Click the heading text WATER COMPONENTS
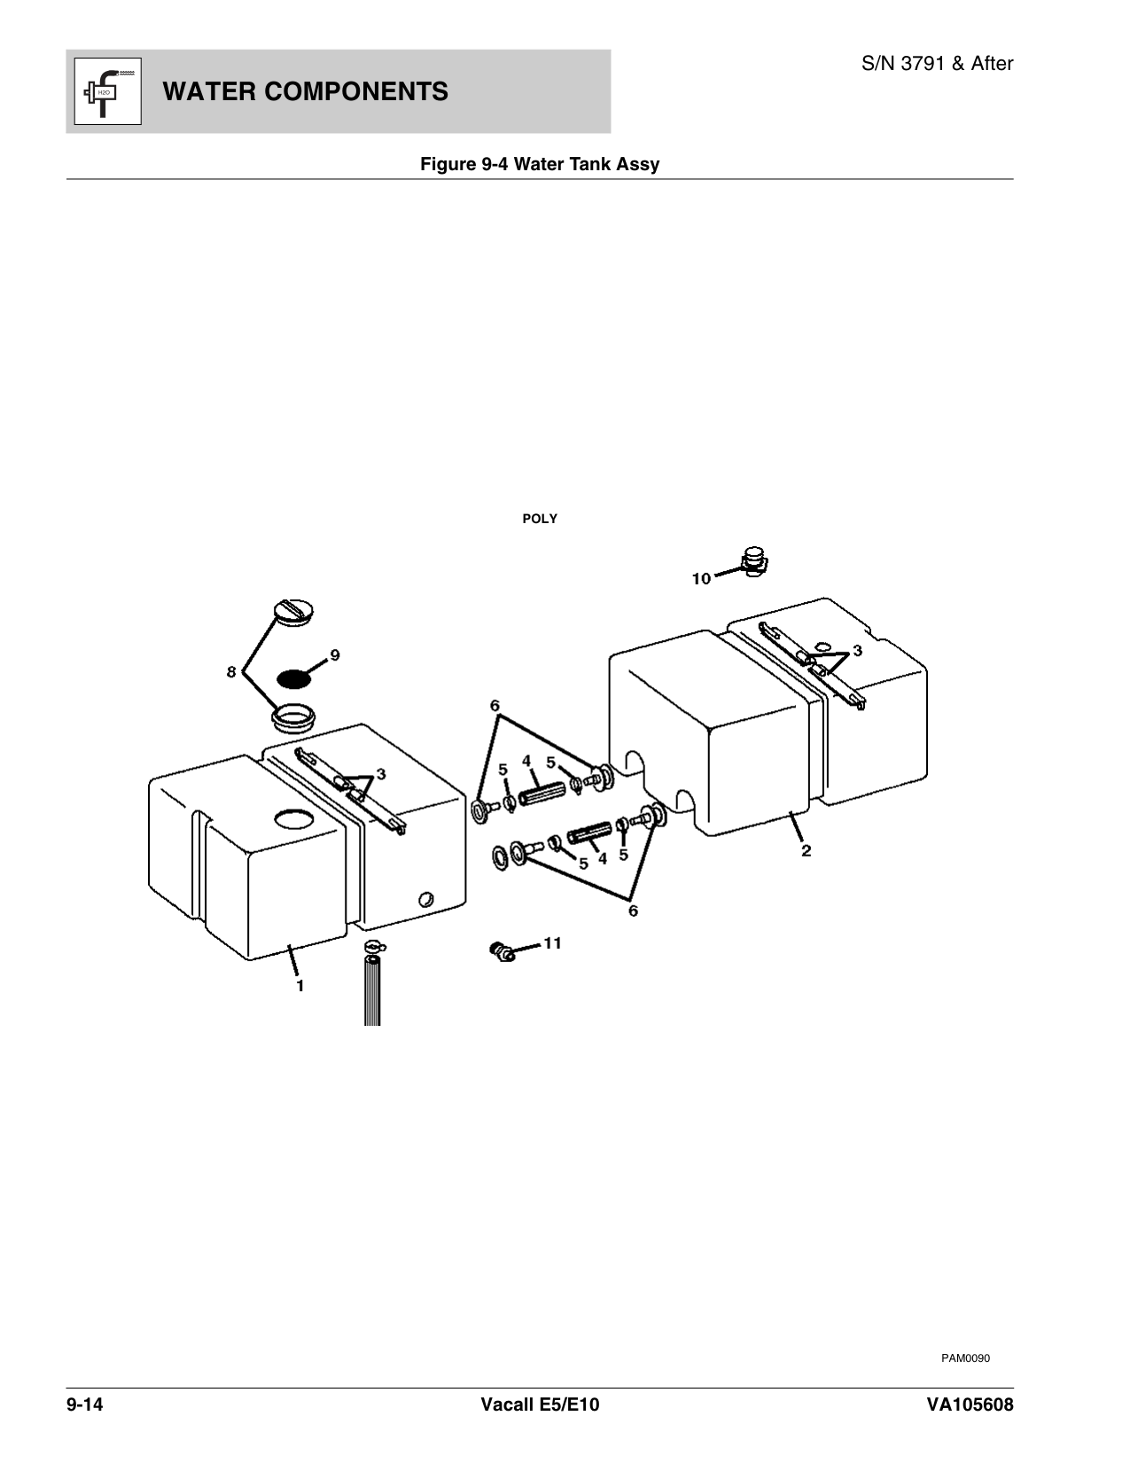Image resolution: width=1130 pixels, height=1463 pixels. coord(306,91)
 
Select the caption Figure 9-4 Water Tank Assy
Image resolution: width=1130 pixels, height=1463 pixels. coord(539,164)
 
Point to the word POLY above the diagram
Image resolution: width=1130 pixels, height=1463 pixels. coord(540,519)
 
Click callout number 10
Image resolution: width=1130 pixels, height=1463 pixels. coord(701,579)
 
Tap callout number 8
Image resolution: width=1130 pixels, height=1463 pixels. coord(231,673)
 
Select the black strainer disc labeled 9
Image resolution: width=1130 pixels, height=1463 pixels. coord(294,678)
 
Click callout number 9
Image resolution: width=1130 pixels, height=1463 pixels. coord(334,655)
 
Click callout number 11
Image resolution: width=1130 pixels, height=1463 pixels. coord(552,943)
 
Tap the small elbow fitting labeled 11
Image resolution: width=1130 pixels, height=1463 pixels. coord(502,952)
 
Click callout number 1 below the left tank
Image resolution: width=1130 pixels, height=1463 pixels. coord(300,985)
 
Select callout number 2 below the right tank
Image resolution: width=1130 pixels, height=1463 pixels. coord(806,851)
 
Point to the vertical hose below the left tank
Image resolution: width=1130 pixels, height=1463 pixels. coord(372,989)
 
